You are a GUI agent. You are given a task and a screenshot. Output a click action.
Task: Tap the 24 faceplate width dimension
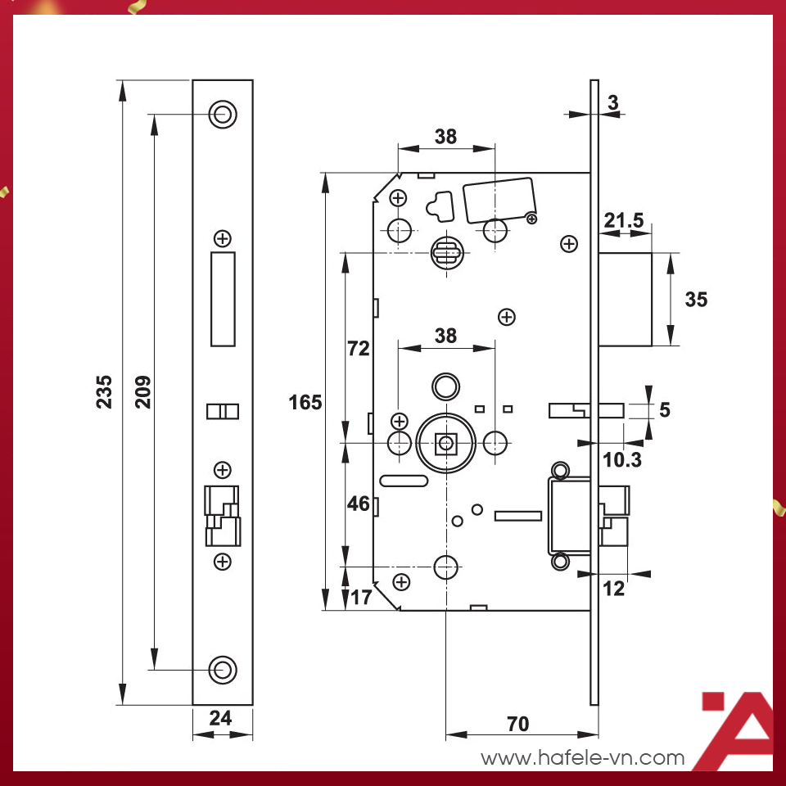click(220, 718)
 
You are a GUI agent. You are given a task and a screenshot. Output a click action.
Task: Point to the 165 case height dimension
click(305, 402)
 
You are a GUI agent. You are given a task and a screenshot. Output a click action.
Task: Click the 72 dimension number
click(358, 349)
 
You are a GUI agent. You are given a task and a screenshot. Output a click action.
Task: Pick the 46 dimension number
click(358, 504)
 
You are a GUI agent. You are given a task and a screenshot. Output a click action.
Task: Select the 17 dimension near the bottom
click(360, 597)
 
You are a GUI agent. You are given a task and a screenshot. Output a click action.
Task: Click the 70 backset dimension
click(517, 724)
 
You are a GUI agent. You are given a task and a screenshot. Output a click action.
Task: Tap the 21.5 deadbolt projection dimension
click(623, 219)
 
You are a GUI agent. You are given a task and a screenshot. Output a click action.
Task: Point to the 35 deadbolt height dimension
click(696, 300)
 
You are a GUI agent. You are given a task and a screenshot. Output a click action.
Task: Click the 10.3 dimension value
click(622, 460)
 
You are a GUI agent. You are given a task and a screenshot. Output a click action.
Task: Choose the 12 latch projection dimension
click(613, 588)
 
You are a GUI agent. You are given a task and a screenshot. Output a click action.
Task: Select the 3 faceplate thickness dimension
click(613, 102)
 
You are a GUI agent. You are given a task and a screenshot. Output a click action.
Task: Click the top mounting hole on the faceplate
click(222, 114)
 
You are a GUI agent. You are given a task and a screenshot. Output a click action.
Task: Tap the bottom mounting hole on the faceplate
click(222, 669)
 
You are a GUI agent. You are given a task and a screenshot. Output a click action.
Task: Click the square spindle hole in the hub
click(445, 444)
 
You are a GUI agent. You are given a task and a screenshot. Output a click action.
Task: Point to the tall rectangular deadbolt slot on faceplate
click(222, 299)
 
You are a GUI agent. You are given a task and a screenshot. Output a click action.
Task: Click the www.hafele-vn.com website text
click(582, 757)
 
